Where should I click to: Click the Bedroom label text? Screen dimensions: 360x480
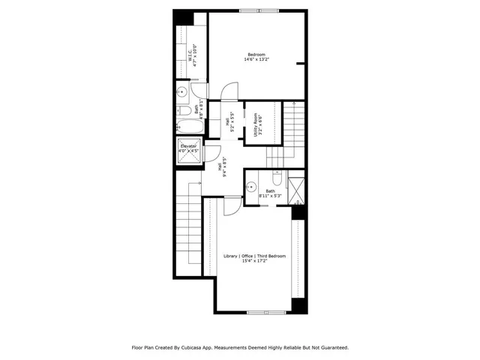257,54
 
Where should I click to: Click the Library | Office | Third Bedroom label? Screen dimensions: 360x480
256,256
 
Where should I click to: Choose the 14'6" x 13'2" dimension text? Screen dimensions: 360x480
257,60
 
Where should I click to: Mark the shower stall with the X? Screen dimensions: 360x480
296,189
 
